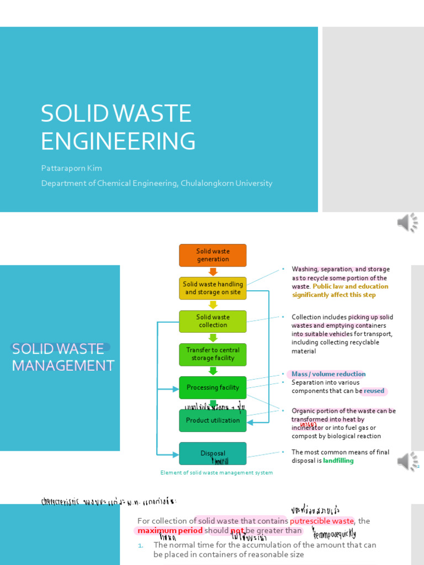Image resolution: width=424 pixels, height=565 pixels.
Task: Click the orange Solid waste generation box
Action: pos(213,255)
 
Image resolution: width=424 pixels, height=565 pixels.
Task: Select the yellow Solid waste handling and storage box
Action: pos(213,288)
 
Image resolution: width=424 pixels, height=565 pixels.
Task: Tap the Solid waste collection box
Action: pos(213,321)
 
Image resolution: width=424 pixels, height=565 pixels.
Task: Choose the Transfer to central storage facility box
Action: pos(213,354)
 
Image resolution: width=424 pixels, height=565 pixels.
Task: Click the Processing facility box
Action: pos(213,387)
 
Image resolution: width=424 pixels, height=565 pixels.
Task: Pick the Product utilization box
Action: pos(213,420)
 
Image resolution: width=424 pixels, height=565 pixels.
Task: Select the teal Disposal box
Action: pos(213,454)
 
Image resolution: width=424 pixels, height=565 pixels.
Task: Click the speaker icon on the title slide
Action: pos(407,222)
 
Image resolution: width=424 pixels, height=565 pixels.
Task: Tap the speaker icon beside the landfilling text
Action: pos(407,461)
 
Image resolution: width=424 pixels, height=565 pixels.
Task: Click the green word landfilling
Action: pos(338,461)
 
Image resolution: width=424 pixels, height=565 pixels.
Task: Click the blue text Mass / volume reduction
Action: pos(328,374)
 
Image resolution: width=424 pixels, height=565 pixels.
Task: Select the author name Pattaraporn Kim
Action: pos(71,168)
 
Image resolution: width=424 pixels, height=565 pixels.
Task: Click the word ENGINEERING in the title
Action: pos(118,141)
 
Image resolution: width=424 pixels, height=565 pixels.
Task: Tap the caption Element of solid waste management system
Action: pos(216,473)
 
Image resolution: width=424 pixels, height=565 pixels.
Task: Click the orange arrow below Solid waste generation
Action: pos(213,271)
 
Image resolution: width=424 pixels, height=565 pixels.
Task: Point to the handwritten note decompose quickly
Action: pos(334,534)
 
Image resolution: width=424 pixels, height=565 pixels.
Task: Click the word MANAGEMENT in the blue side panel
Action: pos(63,365)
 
